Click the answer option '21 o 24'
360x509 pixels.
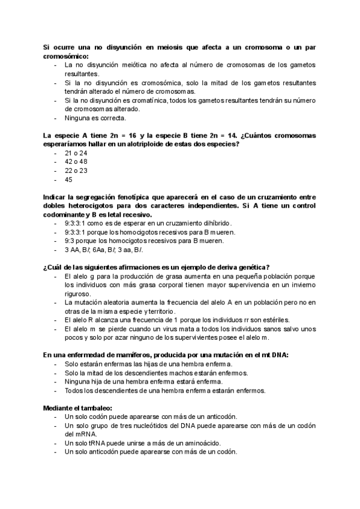point(76,153)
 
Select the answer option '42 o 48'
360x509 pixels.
point(76,161)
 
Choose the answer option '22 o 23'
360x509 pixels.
point(76,170)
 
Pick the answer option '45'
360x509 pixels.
point(69,179)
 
